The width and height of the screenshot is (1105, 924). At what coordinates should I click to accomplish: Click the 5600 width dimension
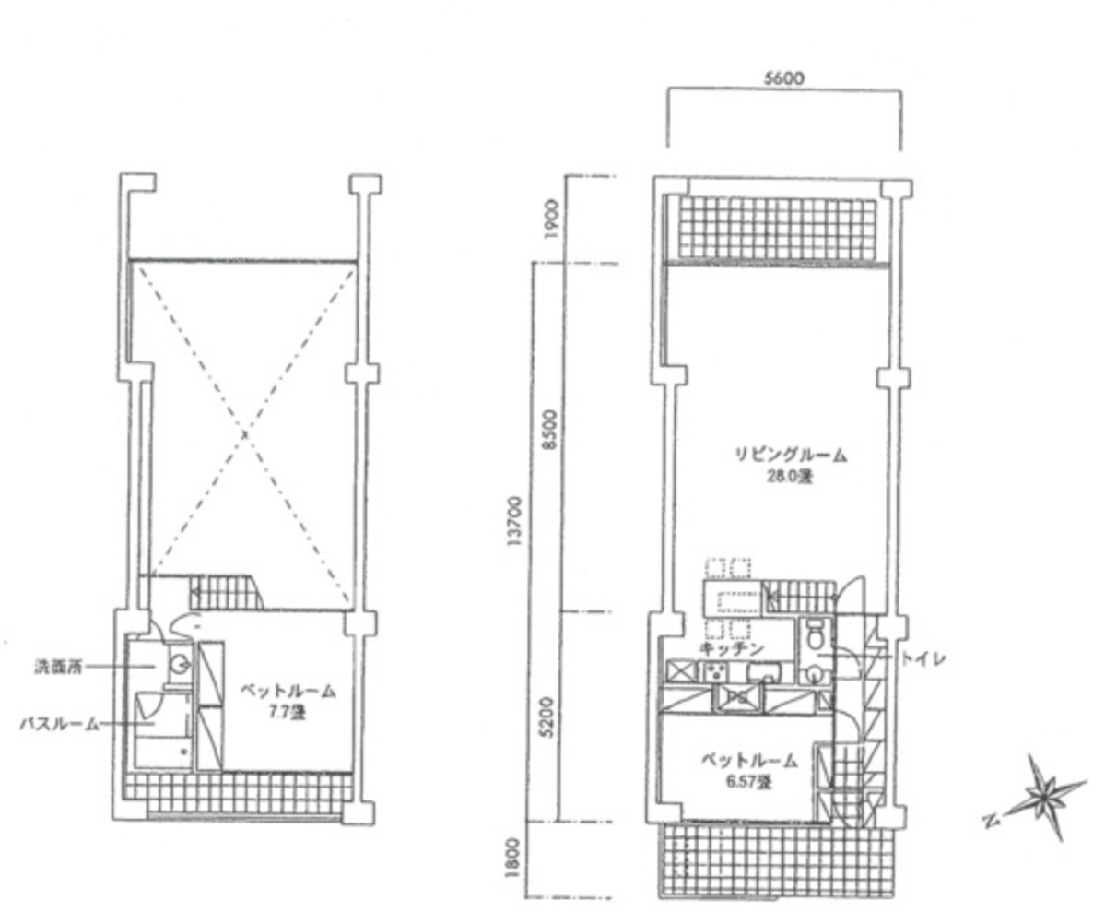tap(783, 79)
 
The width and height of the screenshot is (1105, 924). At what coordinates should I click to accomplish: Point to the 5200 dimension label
tap(549, 717)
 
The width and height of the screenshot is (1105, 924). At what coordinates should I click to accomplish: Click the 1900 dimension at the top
tap(549, 219)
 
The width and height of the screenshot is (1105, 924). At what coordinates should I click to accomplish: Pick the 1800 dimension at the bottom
tap(516, 857)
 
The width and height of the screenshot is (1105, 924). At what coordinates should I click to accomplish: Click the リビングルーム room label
tap(790, 455)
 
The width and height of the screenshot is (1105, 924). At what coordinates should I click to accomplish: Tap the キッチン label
tap(732, 649)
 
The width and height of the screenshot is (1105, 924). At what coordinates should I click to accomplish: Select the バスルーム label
tap(59, 725)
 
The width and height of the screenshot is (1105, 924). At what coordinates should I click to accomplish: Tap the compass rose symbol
tap(1044, 795)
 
